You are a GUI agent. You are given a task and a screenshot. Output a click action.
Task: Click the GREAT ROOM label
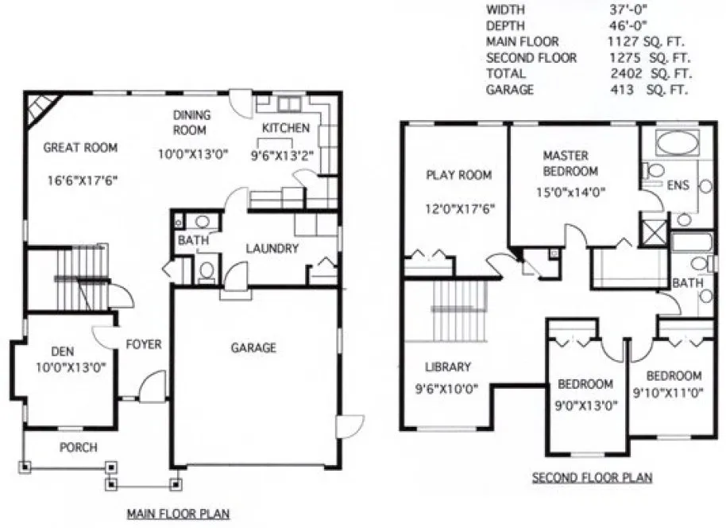click(80, 147)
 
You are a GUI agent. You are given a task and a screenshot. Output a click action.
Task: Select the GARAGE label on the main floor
click(253, 347)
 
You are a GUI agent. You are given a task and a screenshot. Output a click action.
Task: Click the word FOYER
click(144, 344)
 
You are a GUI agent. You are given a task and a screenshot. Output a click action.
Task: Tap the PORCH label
click(79, 448)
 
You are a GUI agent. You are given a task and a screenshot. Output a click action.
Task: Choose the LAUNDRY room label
click(272, 249)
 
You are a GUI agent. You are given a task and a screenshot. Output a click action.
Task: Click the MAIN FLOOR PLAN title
click(178, 514)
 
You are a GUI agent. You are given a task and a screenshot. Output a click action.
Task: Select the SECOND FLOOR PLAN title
click(591, 478)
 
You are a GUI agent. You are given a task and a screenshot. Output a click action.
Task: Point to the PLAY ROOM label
click(458, 175)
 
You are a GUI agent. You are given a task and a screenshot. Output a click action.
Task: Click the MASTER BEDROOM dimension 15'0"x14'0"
click(570, 191)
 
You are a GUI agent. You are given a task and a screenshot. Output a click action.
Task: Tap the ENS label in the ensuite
click(678, 186)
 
